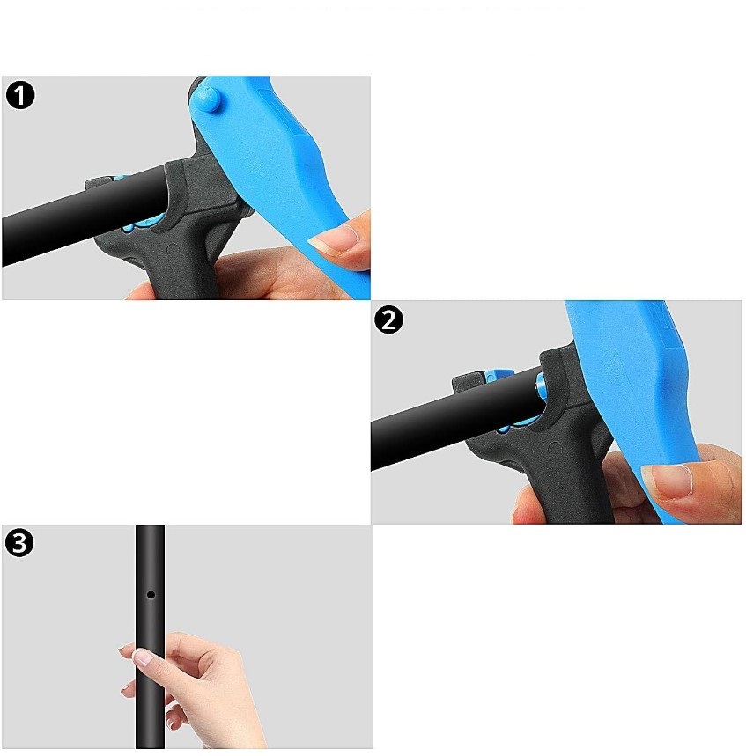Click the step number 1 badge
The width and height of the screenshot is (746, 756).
click(20, 95)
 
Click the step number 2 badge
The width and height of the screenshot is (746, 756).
click(389, 319)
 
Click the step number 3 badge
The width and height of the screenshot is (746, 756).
click(19, 543)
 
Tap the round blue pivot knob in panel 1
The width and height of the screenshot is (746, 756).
click(206, 99)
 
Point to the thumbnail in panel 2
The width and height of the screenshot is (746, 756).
click(667, 480)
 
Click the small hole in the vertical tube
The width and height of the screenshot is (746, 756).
click(151, 595)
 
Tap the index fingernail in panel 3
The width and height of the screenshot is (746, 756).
click(143, 657)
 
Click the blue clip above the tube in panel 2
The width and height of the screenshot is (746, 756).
click(500, 375)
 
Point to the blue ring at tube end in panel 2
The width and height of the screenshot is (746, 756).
click(540, 385)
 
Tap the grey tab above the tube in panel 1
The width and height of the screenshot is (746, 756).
click(100, 183)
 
